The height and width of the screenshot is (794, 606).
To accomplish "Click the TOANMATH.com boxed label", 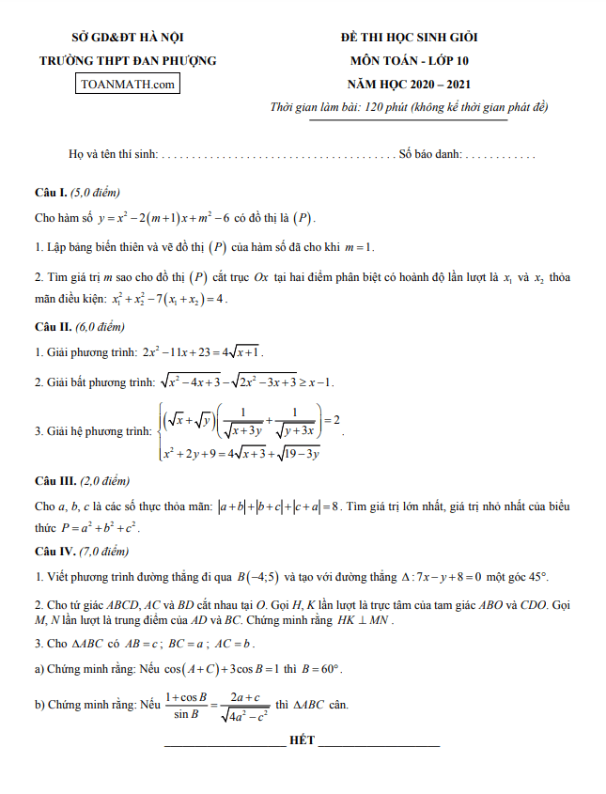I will [x=128, y=84].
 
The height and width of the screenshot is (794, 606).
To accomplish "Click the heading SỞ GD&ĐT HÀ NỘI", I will [x=127, y=38].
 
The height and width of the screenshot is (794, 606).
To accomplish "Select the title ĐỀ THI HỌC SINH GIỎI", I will [x=409, y=38].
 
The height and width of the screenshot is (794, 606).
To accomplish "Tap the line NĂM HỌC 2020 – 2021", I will [x=409, y=84].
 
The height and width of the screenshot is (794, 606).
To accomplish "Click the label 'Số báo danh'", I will [x=429, y=153].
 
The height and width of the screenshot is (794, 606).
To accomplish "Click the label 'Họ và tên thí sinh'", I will [x=114, y=153].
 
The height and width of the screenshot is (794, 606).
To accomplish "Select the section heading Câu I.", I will [x=51, y=193].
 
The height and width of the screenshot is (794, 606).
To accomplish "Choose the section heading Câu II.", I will [x=53, y=327].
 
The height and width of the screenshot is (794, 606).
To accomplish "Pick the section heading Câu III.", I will [x=54, y=481].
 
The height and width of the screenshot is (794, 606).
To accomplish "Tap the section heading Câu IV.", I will [x=54, y=551].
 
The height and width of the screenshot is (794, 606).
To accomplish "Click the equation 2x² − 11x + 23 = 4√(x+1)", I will [x=203, y=352].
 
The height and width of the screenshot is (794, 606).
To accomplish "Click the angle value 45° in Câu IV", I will [x=536, y=576].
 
